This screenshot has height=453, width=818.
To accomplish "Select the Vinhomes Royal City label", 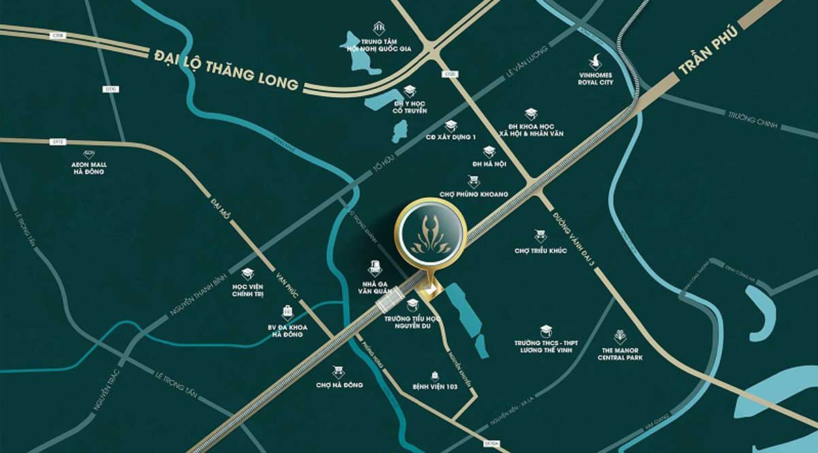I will click(x=596, y=78).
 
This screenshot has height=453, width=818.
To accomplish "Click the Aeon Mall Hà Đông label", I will click(x=89, y=168).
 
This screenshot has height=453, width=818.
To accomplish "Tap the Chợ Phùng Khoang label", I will click(x=475, y=194).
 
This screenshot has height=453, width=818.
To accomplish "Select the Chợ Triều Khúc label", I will click(x=541, y=251).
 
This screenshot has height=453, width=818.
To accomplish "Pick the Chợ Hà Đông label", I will click(x=339, y=385).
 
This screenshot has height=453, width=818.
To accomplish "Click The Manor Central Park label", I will click(x=620, y=353).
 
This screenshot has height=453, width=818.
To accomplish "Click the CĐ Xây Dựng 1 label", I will click(x=450, y=137).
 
